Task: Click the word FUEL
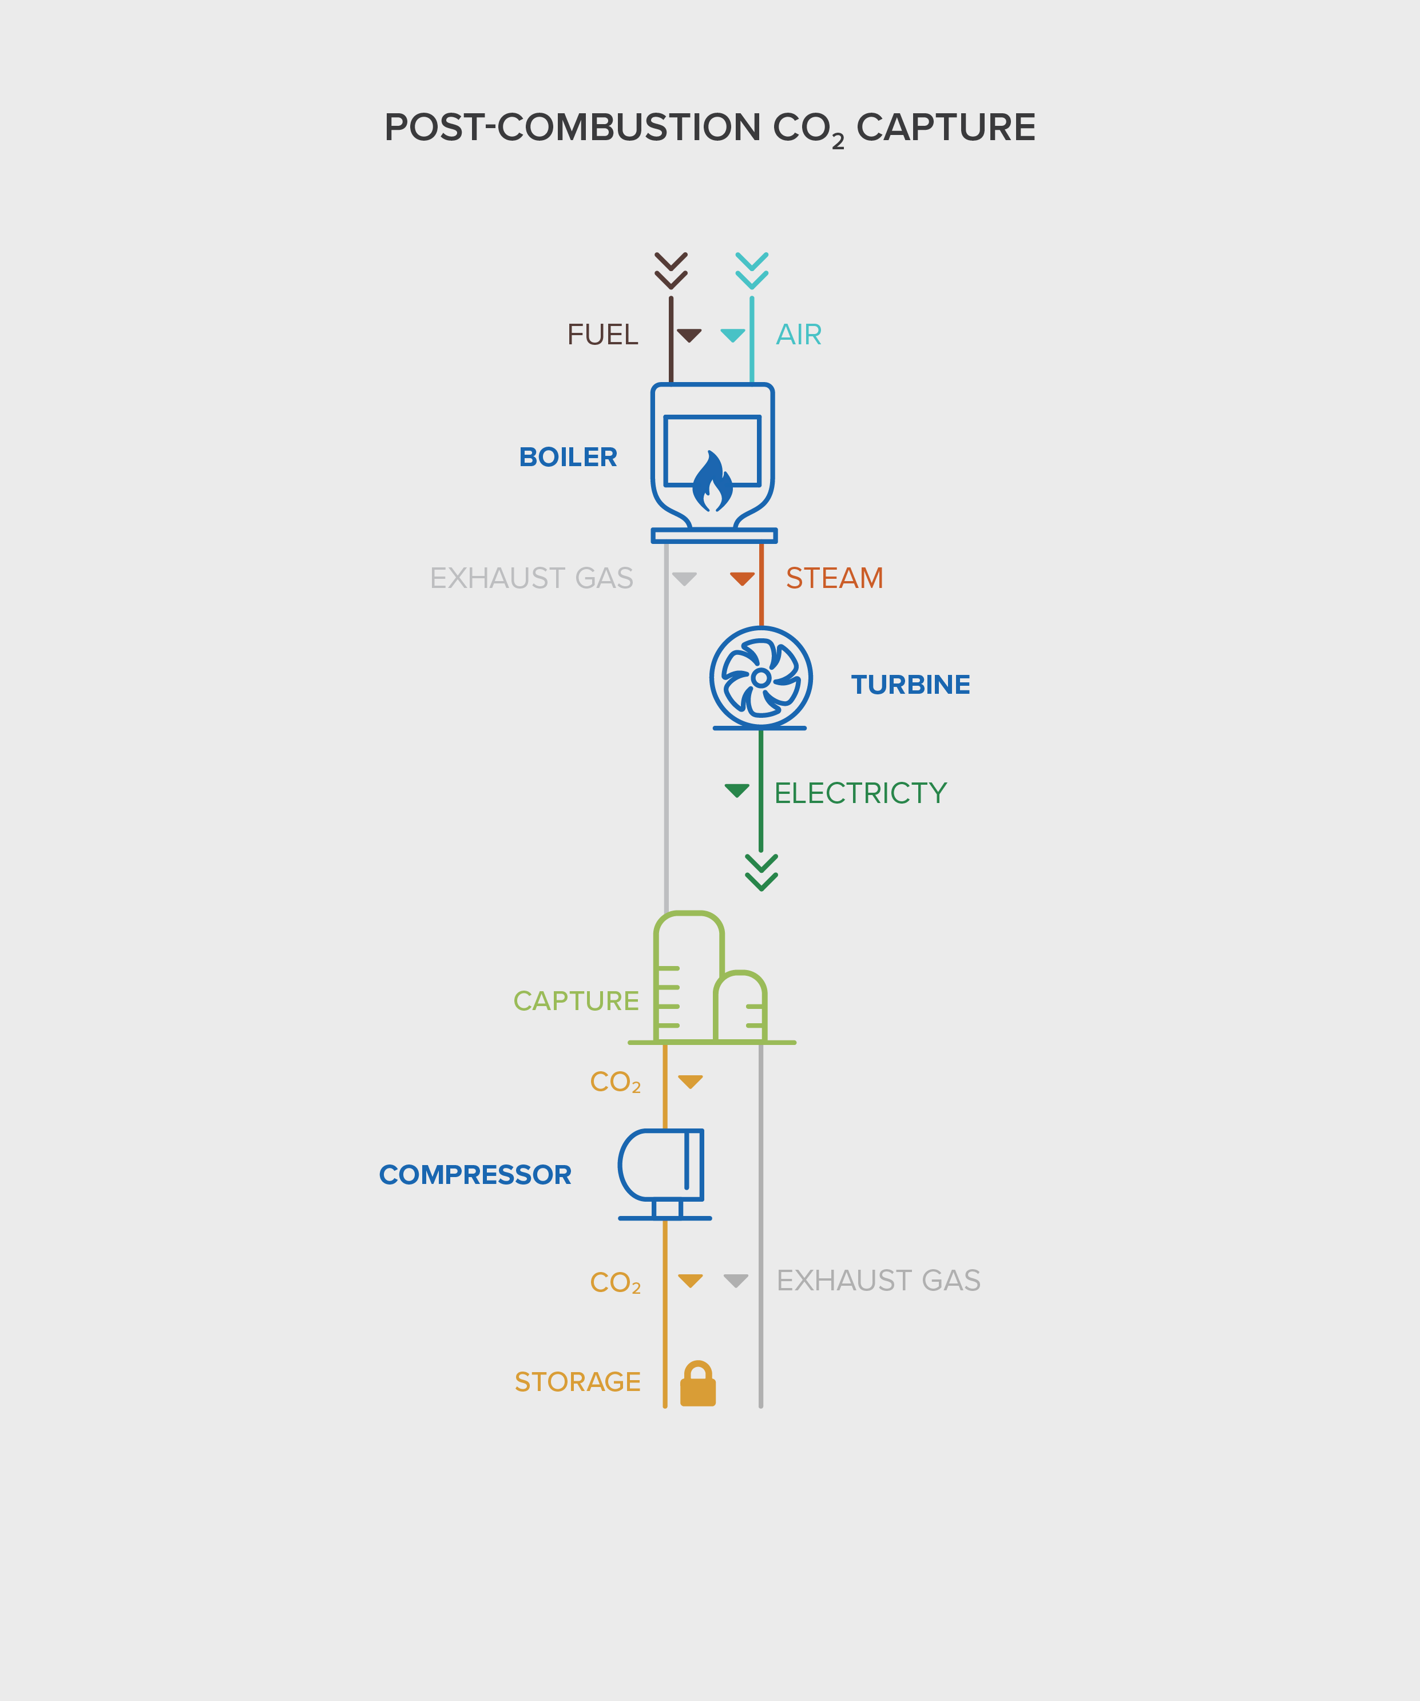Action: coord(602,335)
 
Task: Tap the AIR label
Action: coord(799,335)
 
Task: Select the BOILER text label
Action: coord(568,458)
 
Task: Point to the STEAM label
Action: coord(834,578)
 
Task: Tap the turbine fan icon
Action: coord(760,677)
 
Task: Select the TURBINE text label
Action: coord(910,685)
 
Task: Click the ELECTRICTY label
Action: coord(860,793)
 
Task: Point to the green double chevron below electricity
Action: coord(761,872)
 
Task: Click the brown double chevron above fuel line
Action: coord(671,271)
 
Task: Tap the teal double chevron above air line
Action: coord(752,271)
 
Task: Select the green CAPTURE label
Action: coord(576,1001)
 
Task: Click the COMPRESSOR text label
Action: coord(475,1174)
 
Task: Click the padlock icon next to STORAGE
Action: coord(697,1384)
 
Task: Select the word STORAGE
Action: coord(578,1382)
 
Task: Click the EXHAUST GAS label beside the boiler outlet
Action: coord(531,578)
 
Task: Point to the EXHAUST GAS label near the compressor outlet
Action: coord(878,1281)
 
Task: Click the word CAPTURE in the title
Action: coord(945,128)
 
